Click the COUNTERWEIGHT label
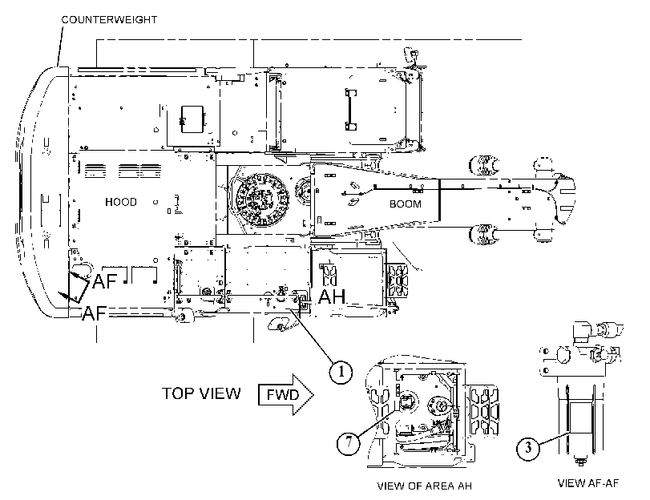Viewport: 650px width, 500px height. coord(109,20)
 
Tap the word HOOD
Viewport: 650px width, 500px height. coord(121,202)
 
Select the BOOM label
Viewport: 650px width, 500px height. coord(406,204)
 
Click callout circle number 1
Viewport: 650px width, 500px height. coord(341,372)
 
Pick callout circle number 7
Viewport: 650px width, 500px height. coord(348,442)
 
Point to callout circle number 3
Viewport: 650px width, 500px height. coord(527,448)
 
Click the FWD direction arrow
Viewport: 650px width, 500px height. coord(286,394)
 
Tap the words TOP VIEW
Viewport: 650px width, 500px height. coord(201,393)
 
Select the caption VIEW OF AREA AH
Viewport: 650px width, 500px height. coord(425,486)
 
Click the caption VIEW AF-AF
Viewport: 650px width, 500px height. coord(587,483)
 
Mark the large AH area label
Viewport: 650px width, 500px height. coord(332,296)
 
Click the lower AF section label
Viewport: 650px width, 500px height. coord(95,313)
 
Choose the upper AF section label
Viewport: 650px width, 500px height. coord(105,281)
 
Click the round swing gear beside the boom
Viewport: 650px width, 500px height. coord(261,200)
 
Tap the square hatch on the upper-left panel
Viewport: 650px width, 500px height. coord(192,119)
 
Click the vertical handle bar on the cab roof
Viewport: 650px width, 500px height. coord(351,110)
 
